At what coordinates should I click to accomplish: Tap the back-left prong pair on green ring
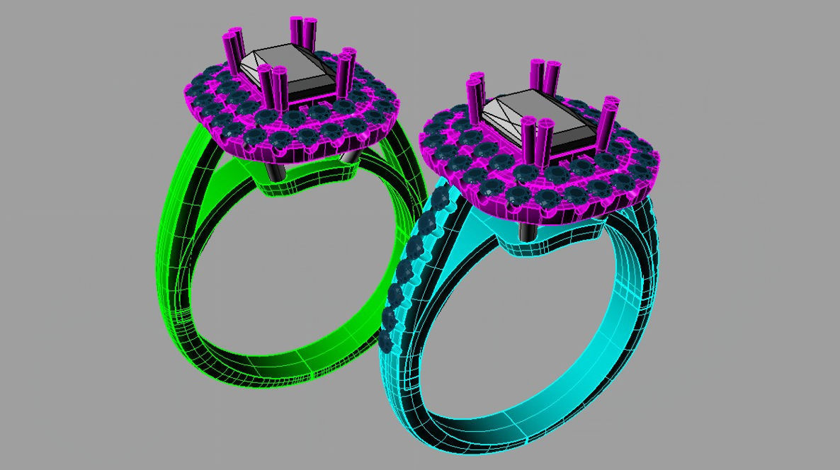[233, 48]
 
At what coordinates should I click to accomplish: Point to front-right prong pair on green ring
[346, 71]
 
